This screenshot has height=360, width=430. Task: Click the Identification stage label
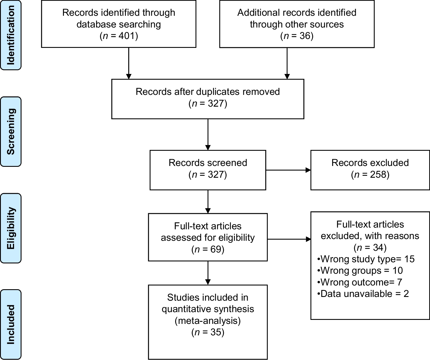11,35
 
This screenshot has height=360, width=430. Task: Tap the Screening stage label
11,132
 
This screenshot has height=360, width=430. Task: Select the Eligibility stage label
11,228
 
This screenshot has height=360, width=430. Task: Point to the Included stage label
11,324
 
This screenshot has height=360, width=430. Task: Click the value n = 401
119,36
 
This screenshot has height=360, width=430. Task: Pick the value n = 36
297,36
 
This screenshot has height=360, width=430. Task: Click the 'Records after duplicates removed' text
208,92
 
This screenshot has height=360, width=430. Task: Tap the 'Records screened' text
208,163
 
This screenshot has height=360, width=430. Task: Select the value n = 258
370,175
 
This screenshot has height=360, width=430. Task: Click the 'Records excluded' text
370,163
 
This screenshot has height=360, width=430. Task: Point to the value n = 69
208,249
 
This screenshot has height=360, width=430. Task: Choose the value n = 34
370,247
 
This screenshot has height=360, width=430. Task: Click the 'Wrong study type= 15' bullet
366,259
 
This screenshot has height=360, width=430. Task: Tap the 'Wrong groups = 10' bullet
360,271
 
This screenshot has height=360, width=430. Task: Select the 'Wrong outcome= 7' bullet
360,282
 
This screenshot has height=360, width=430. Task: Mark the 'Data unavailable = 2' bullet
363,294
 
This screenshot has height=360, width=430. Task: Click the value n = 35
208,332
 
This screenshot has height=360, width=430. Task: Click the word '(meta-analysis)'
208,320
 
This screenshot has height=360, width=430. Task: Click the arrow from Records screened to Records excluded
288,170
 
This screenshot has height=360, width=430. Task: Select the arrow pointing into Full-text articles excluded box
289,239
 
